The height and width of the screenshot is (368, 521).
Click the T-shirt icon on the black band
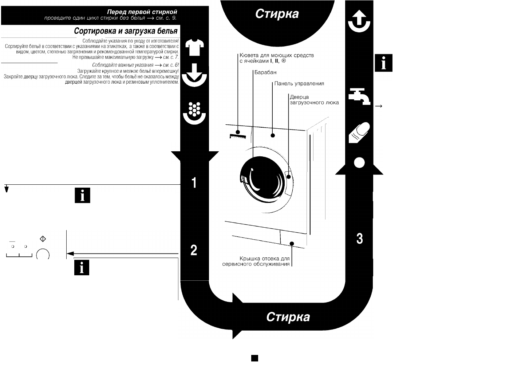point(194,47)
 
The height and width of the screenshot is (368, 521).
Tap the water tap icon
point(359,96)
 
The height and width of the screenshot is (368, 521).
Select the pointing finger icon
point(359,132)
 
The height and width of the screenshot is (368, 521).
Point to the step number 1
point(194,183)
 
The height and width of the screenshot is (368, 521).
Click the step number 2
point(194,250)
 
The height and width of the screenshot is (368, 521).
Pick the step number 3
point(360,239)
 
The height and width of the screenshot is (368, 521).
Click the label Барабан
point(265,72)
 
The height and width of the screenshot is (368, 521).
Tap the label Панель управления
point(299,83)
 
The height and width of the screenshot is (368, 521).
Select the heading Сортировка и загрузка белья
point(126,31)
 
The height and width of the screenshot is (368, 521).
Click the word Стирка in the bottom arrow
point(288,317)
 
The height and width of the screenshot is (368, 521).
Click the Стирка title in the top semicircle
point(277,14)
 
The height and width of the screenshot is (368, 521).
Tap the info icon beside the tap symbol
point(383,63)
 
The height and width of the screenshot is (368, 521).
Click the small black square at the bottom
point(255,358)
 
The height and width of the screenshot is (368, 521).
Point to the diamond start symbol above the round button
point(43,239)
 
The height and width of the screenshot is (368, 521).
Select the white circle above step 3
point(359,163)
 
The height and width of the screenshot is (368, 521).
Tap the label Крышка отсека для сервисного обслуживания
point(256,261)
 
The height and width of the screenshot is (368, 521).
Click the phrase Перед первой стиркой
point(142,12)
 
